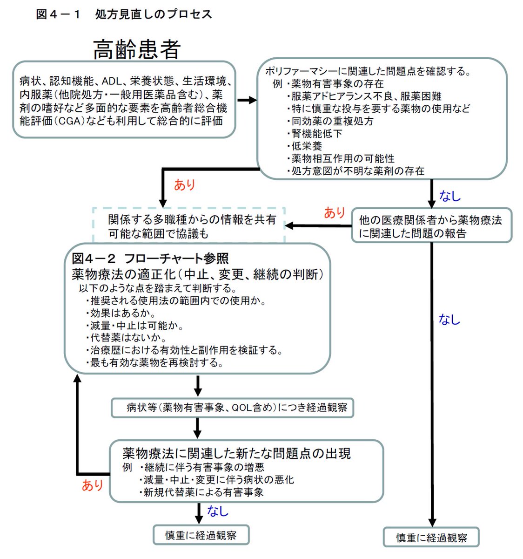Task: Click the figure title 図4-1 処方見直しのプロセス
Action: tap(124, 14)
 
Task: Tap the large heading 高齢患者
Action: tap(137, 49)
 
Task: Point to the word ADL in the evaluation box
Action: tap(112, 81)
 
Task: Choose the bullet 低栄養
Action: tap(307, 146)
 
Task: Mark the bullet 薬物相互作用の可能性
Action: tap(342, 158)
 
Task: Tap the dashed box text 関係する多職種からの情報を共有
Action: tap(192, 219)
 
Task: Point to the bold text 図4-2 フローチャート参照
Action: tap(150, 259)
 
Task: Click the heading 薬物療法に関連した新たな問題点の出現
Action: tap(236, 453)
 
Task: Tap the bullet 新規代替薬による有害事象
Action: tap(203, 492)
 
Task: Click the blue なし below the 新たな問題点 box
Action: tap(217, 511)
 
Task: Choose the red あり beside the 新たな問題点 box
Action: tap(92, 485)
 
